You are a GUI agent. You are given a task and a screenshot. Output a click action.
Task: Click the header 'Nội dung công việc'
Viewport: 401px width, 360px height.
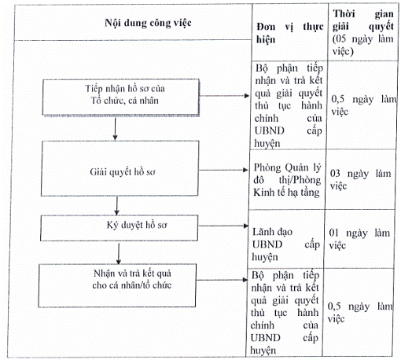148,23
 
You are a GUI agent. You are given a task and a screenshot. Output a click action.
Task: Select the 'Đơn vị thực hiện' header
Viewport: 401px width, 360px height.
290,33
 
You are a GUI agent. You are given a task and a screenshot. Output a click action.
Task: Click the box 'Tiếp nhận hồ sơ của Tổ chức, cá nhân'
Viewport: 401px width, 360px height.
121,97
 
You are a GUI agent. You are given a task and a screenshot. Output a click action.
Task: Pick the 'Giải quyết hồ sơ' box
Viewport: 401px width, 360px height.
120,168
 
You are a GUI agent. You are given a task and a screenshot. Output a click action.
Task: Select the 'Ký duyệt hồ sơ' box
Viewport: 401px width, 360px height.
119,228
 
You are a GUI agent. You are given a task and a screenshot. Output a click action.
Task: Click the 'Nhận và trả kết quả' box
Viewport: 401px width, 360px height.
117,285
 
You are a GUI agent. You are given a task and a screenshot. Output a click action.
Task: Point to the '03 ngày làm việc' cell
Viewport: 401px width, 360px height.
360,179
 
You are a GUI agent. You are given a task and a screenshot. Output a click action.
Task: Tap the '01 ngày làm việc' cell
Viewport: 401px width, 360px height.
359,239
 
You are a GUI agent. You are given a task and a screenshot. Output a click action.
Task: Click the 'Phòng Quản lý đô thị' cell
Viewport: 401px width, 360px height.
287,174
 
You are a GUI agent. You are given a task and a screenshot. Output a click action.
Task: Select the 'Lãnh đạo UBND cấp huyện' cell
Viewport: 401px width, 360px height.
286,244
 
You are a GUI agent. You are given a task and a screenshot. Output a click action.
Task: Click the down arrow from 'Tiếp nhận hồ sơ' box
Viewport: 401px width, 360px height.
115,129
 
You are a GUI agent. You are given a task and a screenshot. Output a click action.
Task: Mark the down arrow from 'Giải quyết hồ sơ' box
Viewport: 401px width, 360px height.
117,206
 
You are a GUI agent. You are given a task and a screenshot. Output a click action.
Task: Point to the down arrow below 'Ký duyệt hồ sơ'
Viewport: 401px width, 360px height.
119,253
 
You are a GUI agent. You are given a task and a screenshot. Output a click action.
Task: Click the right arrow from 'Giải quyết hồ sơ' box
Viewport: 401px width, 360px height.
223,170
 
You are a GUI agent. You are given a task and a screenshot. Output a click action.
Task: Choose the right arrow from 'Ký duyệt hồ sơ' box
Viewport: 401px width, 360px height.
223,226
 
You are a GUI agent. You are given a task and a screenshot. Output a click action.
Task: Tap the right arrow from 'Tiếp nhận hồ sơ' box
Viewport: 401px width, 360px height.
224,96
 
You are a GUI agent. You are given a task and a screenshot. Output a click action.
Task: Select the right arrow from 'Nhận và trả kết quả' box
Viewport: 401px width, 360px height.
222,280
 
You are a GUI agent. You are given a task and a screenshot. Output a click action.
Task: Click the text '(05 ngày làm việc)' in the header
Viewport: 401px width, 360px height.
363,45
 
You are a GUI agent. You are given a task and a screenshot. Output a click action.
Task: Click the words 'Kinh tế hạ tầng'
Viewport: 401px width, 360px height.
286,193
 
